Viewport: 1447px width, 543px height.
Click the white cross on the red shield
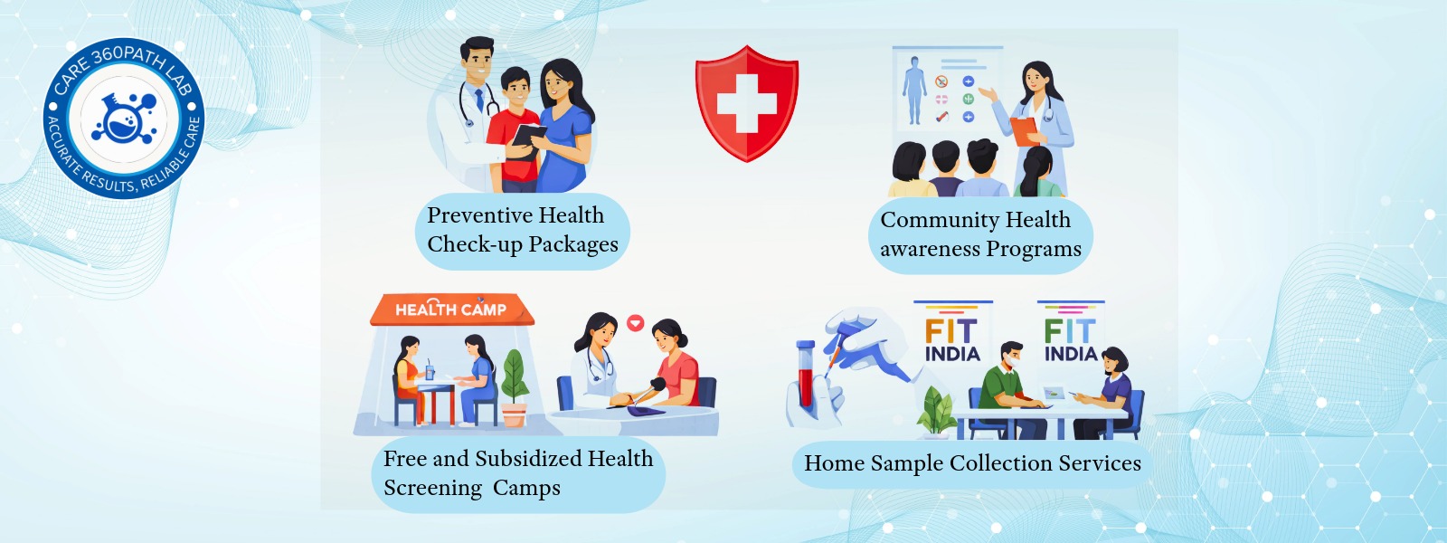[747, 103]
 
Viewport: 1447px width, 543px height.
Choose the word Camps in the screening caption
[526, 488]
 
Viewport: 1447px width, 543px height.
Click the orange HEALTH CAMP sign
[451, 309]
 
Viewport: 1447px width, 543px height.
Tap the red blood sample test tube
[805, 373]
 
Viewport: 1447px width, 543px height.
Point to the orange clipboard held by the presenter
[1024, 130]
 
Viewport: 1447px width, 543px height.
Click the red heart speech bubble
[636, 322]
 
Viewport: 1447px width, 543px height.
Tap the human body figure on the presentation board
[914, 90]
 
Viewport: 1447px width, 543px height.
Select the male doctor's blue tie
[478, 100]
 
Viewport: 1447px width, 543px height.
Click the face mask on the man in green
[1011, 361]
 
